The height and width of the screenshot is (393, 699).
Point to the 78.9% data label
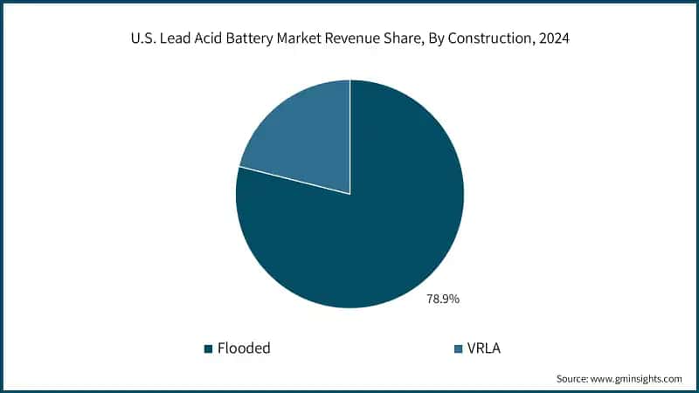pyautogui.click(x=443, y=299)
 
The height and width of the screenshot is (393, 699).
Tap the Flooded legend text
pyautogui.click(x=244, y=348)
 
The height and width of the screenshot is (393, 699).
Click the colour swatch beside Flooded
pyautogui.click(x=209, y=349)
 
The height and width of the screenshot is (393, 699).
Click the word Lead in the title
pyautogui.click(x=175, y=40)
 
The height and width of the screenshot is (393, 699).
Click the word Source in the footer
pyautogui.click(x=573, y=378)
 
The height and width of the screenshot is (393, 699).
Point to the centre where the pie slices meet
pyautogui.click(x=350, y=194)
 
